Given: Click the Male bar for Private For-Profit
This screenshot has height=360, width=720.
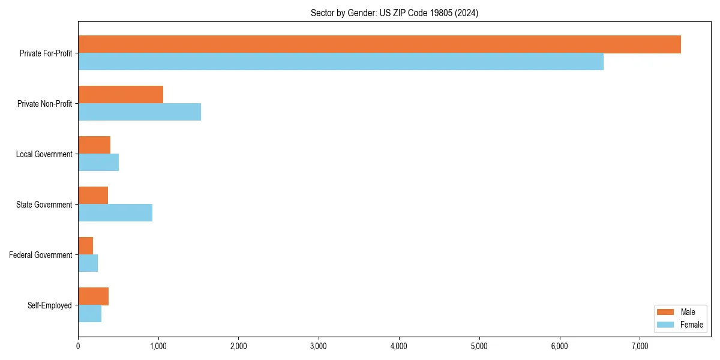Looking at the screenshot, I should coord(379,44).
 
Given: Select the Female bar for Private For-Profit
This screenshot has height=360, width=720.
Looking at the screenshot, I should coord(341,62).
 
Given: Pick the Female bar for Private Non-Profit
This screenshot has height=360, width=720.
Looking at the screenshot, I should coord(139,112).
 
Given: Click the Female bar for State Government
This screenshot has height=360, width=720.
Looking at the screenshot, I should coord(115,213).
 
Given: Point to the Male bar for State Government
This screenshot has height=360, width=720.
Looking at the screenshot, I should coord(93,196).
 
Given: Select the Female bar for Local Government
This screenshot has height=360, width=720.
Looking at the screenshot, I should coord(98,163).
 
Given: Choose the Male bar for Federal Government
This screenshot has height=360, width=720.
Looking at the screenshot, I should coord(86,246).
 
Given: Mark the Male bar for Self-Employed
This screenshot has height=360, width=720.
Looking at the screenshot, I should coord(93,296).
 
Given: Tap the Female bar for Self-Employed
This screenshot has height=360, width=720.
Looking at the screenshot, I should coord(89,314).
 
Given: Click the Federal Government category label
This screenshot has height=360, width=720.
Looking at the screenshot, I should coord(41,255).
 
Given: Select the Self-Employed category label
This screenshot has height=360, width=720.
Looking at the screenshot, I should coord(50,305).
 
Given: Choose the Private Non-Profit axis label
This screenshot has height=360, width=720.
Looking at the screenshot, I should coord(44,104).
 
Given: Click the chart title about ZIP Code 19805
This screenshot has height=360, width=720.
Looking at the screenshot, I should coord(394,13).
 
